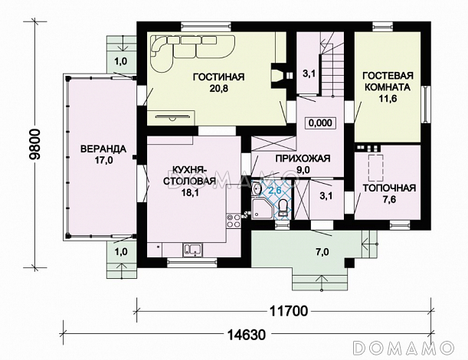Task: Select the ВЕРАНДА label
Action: click(x=103, y=149)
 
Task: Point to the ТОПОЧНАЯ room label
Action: click(x=389, y=188)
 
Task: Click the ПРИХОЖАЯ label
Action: click(x=303, y=159)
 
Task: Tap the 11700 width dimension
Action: click(x=289, y=311)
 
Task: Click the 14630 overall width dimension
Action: click(x=247, y=335)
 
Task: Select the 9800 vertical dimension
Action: click(x=35, y=145)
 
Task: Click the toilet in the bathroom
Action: click(x=283, y=207)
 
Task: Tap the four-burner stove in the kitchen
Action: click(x=234, y=221)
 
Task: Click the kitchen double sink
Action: click(x=192, y=250)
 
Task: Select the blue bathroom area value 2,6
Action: click(x=275, y=190)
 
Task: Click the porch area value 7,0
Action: click(x=322, y=252)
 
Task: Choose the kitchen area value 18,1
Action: click(x=190, y=192)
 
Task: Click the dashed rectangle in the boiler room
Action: click(x=376, y=168)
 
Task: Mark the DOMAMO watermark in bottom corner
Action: click(x=403, y=348)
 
